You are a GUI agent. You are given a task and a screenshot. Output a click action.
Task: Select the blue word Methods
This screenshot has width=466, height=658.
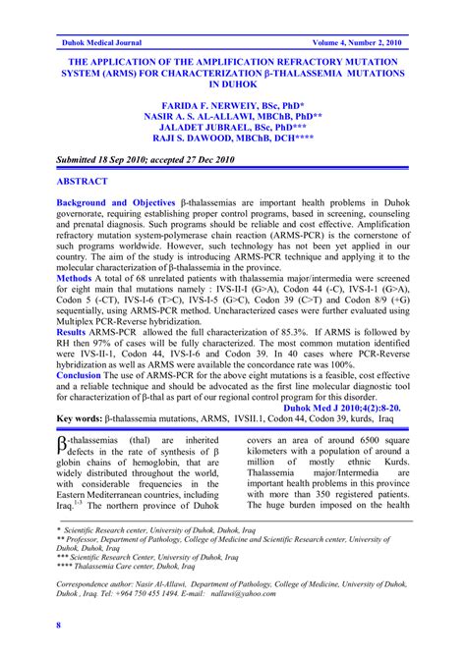(x=74, y=279)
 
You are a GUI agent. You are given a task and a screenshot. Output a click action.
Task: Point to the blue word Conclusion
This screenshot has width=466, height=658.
(x=80, y=374)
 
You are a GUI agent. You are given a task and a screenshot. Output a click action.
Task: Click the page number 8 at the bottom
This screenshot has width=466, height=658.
(x=59, y=626)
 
